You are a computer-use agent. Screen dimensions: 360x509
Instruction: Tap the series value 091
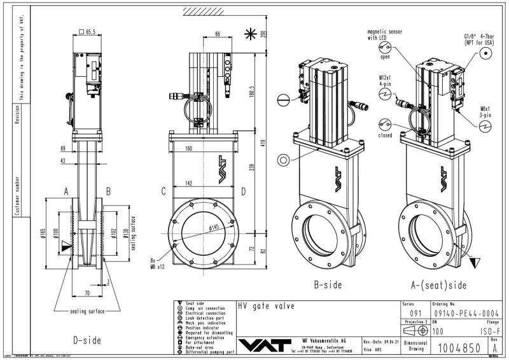tap(414, 314)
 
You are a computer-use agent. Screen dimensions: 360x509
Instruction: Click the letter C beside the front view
tap(164, 190)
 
